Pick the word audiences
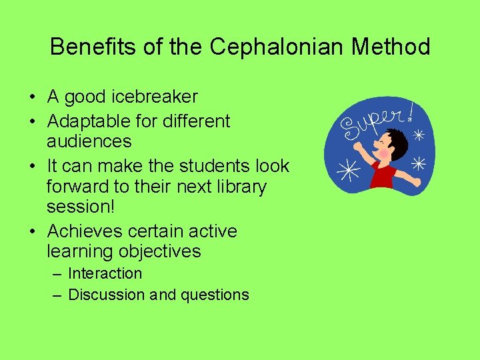(89, 141)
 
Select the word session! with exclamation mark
(81, 207)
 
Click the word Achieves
(83, 231)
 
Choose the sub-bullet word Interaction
(105, 273)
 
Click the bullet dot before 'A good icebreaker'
(32, 97)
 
